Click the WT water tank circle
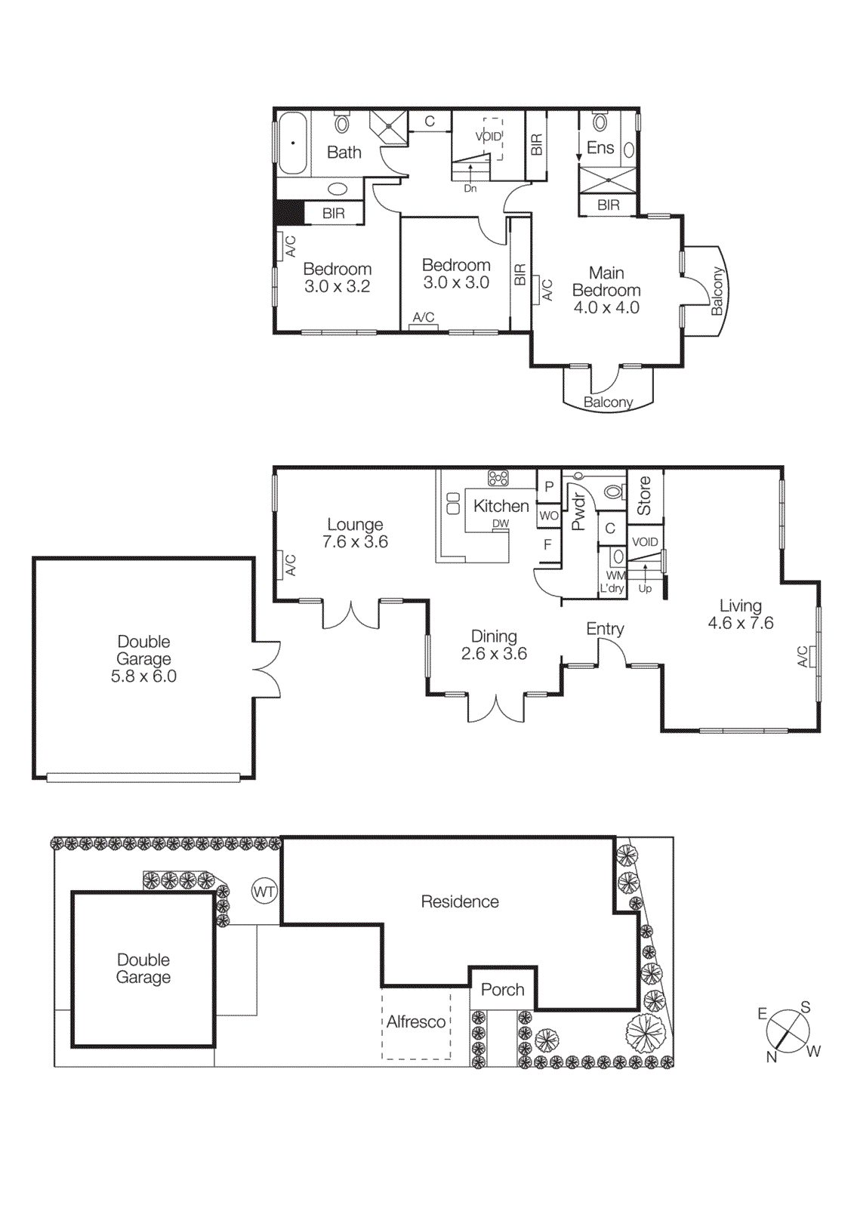pos(264,892)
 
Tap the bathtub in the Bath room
pos(292,143)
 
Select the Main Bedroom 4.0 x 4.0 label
pos(606,290)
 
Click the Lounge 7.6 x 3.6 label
pos(355,533)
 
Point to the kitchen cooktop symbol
pos(498,478)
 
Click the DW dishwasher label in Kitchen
pos(501,523)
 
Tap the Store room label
pos(644,496)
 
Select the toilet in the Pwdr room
pos(614,492)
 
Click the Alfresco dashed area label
pos(416,1022)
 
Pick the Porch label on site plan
pos(502,989)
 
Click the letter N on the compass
pos(771,1057)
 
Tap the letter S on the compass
pos(806,1007)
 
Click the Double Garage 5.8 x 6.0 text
pos(143,659)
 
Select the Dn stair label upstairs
pos(470,189)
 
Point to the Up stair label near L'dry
pos(645,588)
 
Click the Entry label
pos(605,629)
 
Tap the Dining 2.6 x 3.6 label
pos(494,645)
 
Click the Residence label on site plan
pos(460,901)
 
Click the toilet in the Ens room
pos(600,122)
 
